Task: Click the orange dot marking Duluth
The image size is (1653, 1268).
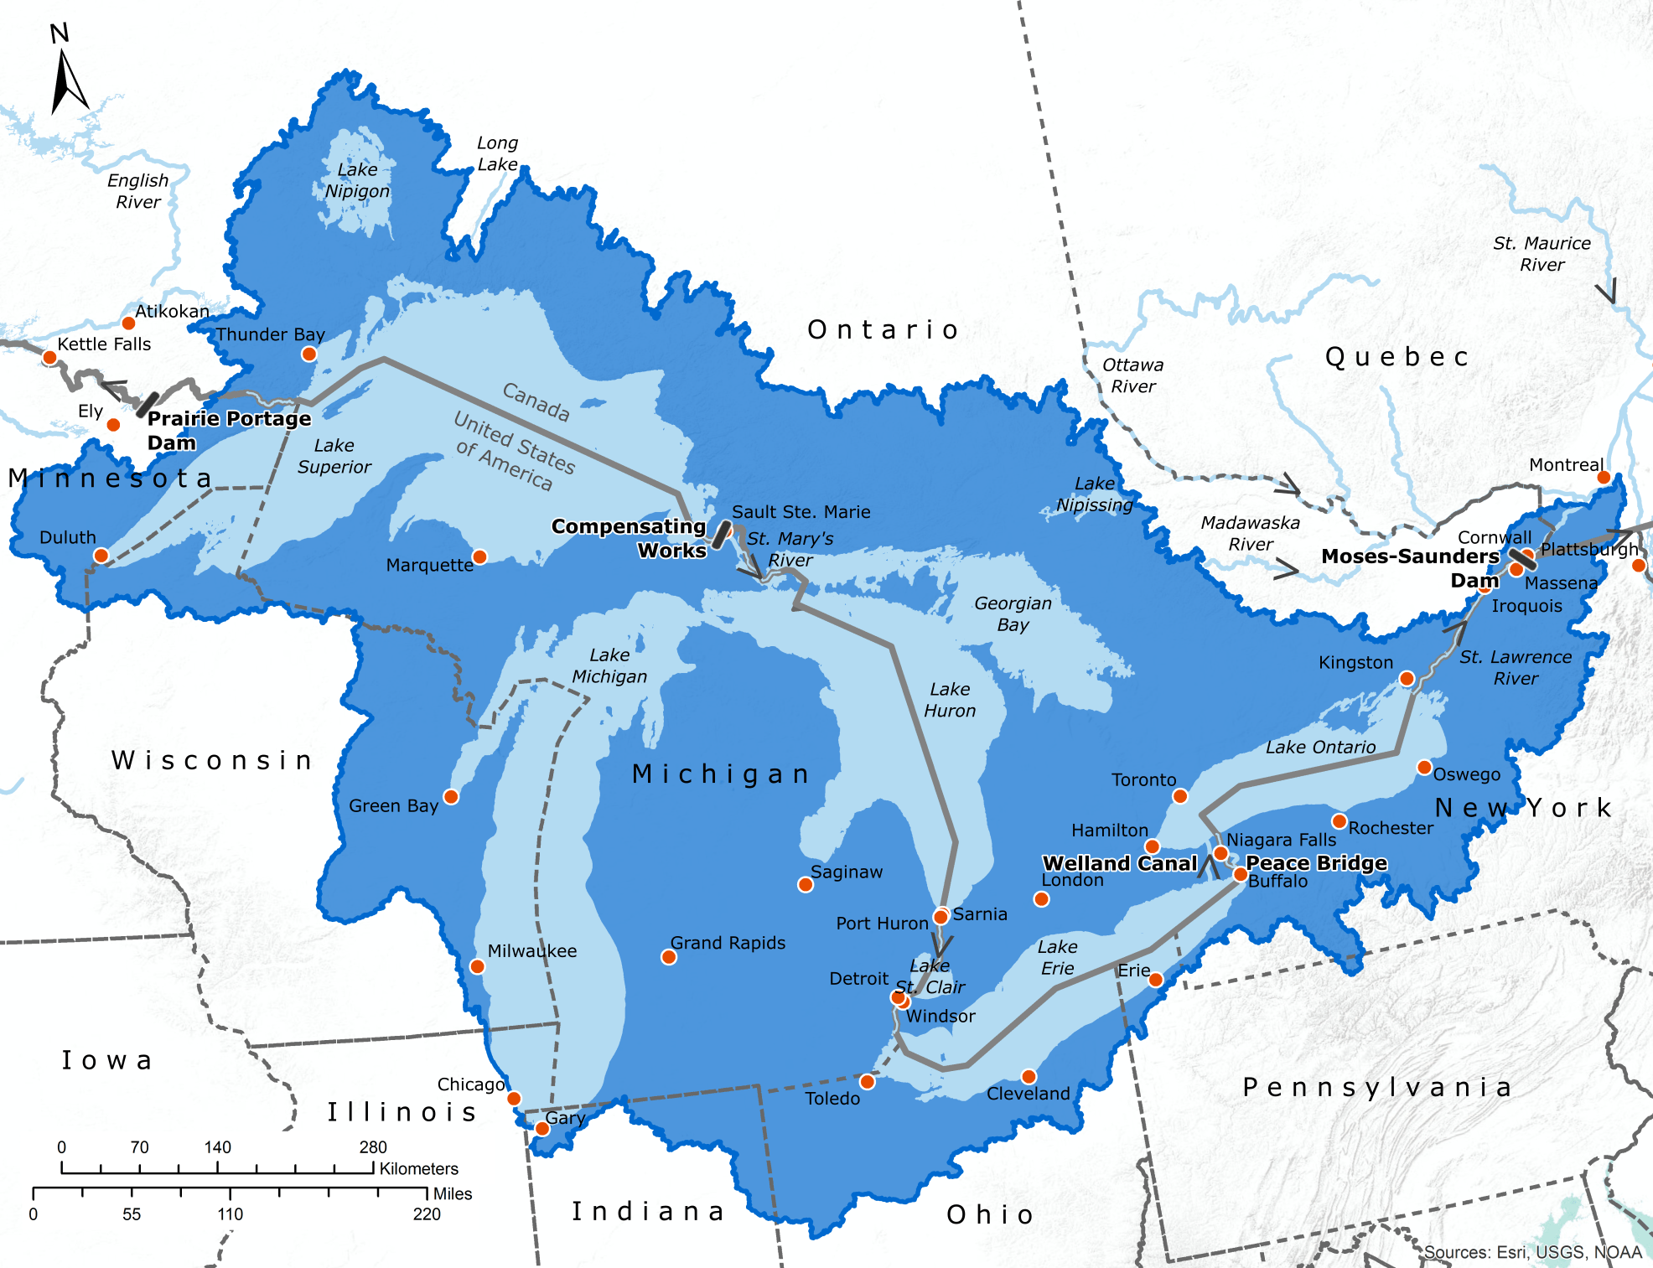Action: tap(101, 555)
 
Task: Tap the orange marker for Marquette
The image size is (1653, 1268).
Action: tap(479, 556)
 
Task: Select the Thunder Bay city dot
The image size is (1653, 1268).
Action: tap(308, 354)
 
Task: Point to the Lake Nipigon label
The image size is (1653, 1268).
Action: tap(357, 180)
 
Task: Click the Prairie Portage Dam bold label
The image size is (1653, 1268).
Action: tap(228, 430)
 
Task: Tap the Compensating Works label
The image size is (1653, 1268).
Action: tap(629, 538)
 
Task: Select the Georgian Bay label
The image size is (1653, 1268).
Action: tap(1013, 613)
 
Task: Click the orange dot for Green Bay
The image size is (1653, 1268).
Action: tap(451, 796)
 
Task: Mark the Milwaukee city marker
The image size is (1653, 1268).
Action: tap(477, 966)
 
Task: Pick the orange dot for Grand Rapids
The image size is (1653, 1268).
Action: tap(669, 957)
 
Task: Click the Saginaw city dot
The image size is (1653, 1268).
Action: tap(806, 884)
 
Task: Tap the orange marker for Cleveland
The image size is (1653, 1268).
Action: tap(1029, 1076)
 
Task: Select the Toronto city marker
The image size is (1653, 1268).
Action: tap(1180, 795)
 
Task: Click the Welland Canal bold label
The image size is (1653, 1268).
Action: tap(1120, 863)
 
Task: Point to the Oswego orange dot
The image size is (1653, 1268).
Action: tap(1424, 767)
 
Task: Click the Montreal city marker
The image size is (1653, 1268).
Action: tap(1604, 477)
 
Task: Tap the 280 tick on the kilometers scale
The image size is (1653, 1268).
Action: tap(373, 1167)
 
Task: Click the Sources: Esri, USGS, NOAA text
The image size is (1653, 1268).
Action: tap(1532, 1252)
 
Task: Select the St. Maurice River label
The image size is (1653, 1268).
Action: tap(1542, 254)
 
